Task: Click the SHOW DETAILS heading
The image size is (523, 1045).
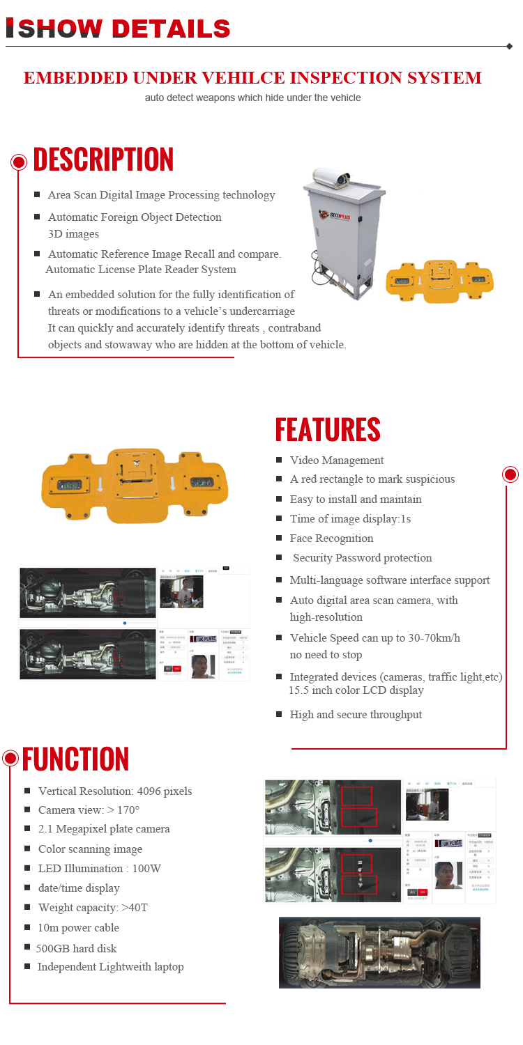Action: [x=119, y=29]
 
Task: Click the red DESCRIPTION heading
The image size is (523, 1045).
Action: [x=103, y=160]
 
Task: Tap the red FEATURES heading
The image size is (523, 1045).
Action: [x=327, y=430]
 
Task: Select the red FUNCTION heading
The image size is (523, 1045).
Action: [x=75, y=759]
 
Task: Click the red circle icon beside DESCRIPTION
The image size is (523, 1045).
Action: [x=19, y=162]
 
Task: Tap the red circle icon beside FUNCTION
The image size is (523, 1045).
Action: [x=10, y=758]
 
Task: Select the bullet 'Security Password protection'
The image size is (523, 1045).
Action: [x=362, y=558]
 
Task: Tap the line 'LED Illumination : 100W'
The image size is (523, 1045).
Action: [x=100, y=869]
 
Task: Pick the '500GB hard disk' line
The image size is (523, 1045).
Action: [x=77, y=948]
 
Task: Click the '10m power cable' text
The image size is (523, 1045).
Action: [x=78, y=928]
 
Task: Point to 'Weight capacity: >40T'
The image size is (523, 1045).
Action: [x=93, y=908]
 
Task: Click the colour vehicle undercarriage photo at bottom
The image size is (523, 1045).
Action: [x=379, y=952]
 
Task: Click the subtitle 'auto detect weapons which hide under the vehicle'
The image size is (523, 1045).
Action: [x=252, y=98]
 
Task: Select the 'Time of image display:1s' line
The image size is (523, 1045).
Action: [x=350, y=519]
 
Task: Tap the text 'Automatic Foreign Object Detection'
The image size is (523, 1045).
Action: [x=135, y=217]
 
